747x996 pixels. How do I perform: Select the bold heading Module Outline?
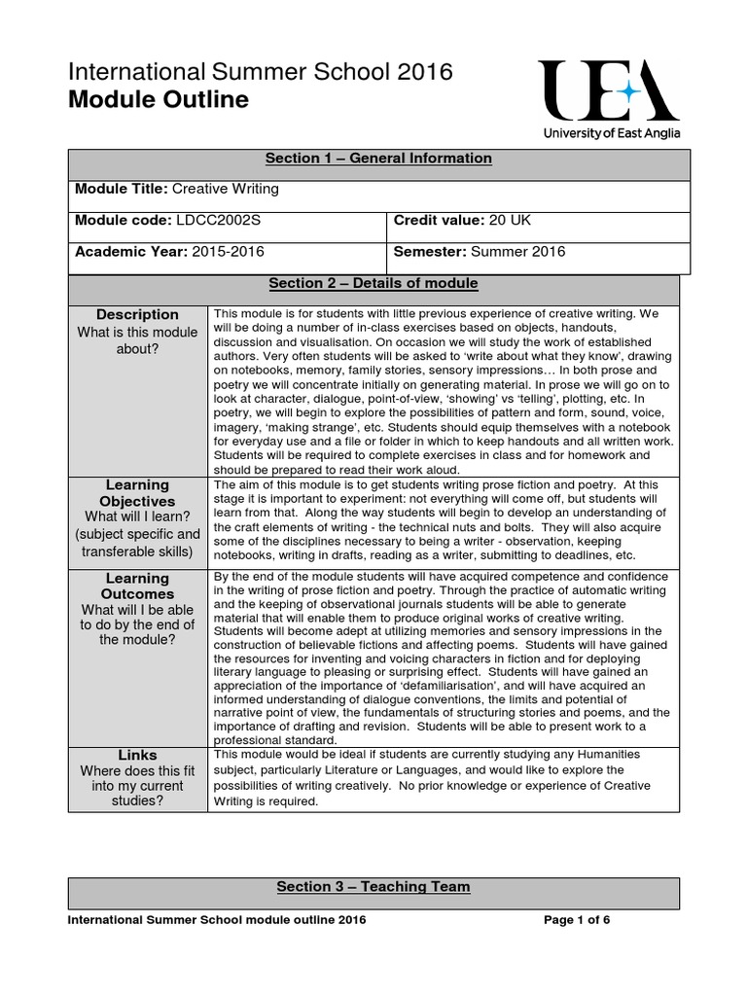158,100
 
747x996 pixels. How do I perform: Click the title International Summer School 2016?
246,71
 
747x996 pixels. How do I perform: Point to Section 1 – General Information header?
378,159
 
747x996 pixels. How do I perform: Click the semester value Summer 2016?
517,252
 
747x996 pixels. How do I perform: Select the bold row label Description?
137,314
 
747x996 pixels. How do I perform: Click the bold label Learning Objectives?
137,493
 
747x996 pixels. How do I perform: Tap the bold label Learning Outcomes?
137,587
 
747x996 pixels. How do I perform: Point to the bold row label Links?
137,755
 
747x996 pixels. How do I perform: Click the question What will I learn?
137,516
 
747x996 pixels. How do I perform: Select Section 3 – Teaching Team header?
373,886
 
